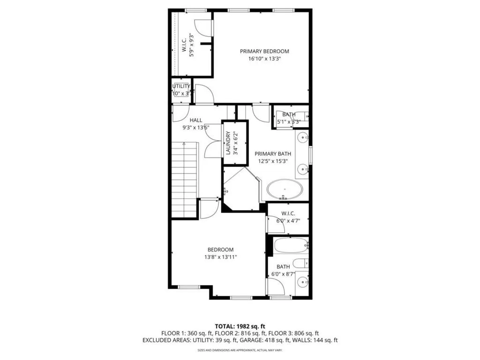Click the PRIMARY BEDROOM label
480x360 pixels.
pos(264,51)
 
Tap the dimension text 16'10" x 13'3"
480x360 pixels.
pos(264,59)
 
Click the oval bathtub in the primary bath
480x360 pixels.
pos(285,190)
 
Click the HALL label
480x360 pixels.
pos(196,120)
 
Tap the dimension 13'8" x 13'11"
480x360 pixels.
pos(220,257)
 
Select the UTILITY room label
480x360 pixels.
pos(181,86)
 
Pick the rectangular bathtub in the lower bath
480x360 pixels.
pos(291,245)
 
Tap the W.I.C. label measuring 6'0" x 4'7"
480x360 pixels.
pos(288,213)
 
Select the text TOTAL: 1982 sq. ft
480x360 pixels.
pos(240,326)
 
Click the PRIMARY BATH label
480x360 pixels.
pos(273,153)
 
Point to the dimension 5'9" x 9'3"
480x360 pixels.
pos(191,45)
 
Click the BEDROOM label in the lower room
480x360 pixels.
pos(220,250)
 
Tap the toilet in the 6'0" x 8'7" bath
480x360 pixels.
pos(300,263)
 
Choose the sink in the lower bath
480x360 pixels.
pos(304,282)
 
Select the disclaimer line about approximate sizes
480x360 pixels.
pos(240,350)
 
